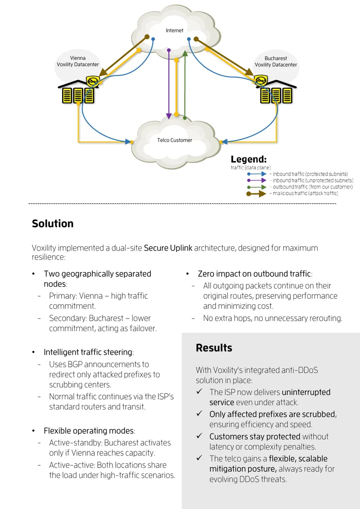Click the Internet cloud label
[x=174, y=31]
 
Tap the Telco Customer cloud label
[x=175, y=140]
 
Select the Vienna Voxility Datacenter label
[x=78, y=61]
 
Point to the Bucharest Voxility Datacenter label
[x=276, y=61]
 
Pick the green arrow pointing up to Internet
[x=184, y=85]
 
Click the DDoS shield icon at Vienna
[x=93, y=81]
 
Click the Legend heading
[x=249, y=159]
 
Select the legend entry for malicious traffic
[x=292, y=194]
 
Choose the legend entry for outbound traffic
[x=300, y=187]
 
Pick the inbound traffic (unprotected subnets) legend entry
[x=300, y=180]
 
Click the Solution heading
[x=53, y=224]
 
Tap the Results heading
[x=214, y=348]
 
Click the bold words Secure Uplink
[x=168, y=248]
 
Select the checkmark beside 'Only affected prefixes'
[x=199, y=414]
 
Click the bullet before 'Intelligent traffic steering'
[x=33, y=352]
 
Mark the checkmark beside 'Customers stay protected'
[x=199, y=436]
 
